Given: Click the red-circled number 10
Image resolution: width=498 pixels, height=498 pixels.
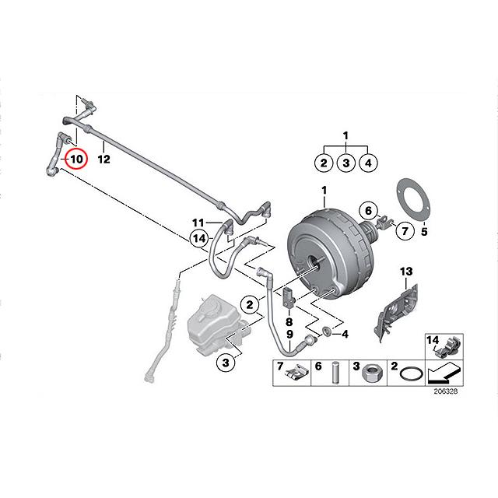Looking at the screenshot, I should click(76, 160).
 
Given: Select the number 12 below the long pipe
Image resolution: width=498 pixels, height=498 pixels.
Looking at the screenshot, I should click(104, 160).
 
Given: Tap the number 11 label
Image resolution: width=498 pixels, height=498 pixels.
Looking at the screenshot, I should click(198, 223).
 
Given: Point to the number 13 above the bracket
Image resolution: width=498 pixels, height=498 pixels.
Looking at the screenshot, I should click(405, 271).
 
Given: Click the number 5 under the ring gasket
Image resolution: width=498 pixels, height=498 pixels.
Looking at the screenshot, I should click(424, 230).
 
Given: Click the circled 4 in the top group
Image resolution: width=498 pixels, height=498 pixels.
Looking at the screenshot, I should click(370, 163).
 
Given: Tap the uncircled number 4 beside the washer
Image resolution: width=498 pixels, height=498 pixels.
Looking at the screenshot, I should click(345, 334).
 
